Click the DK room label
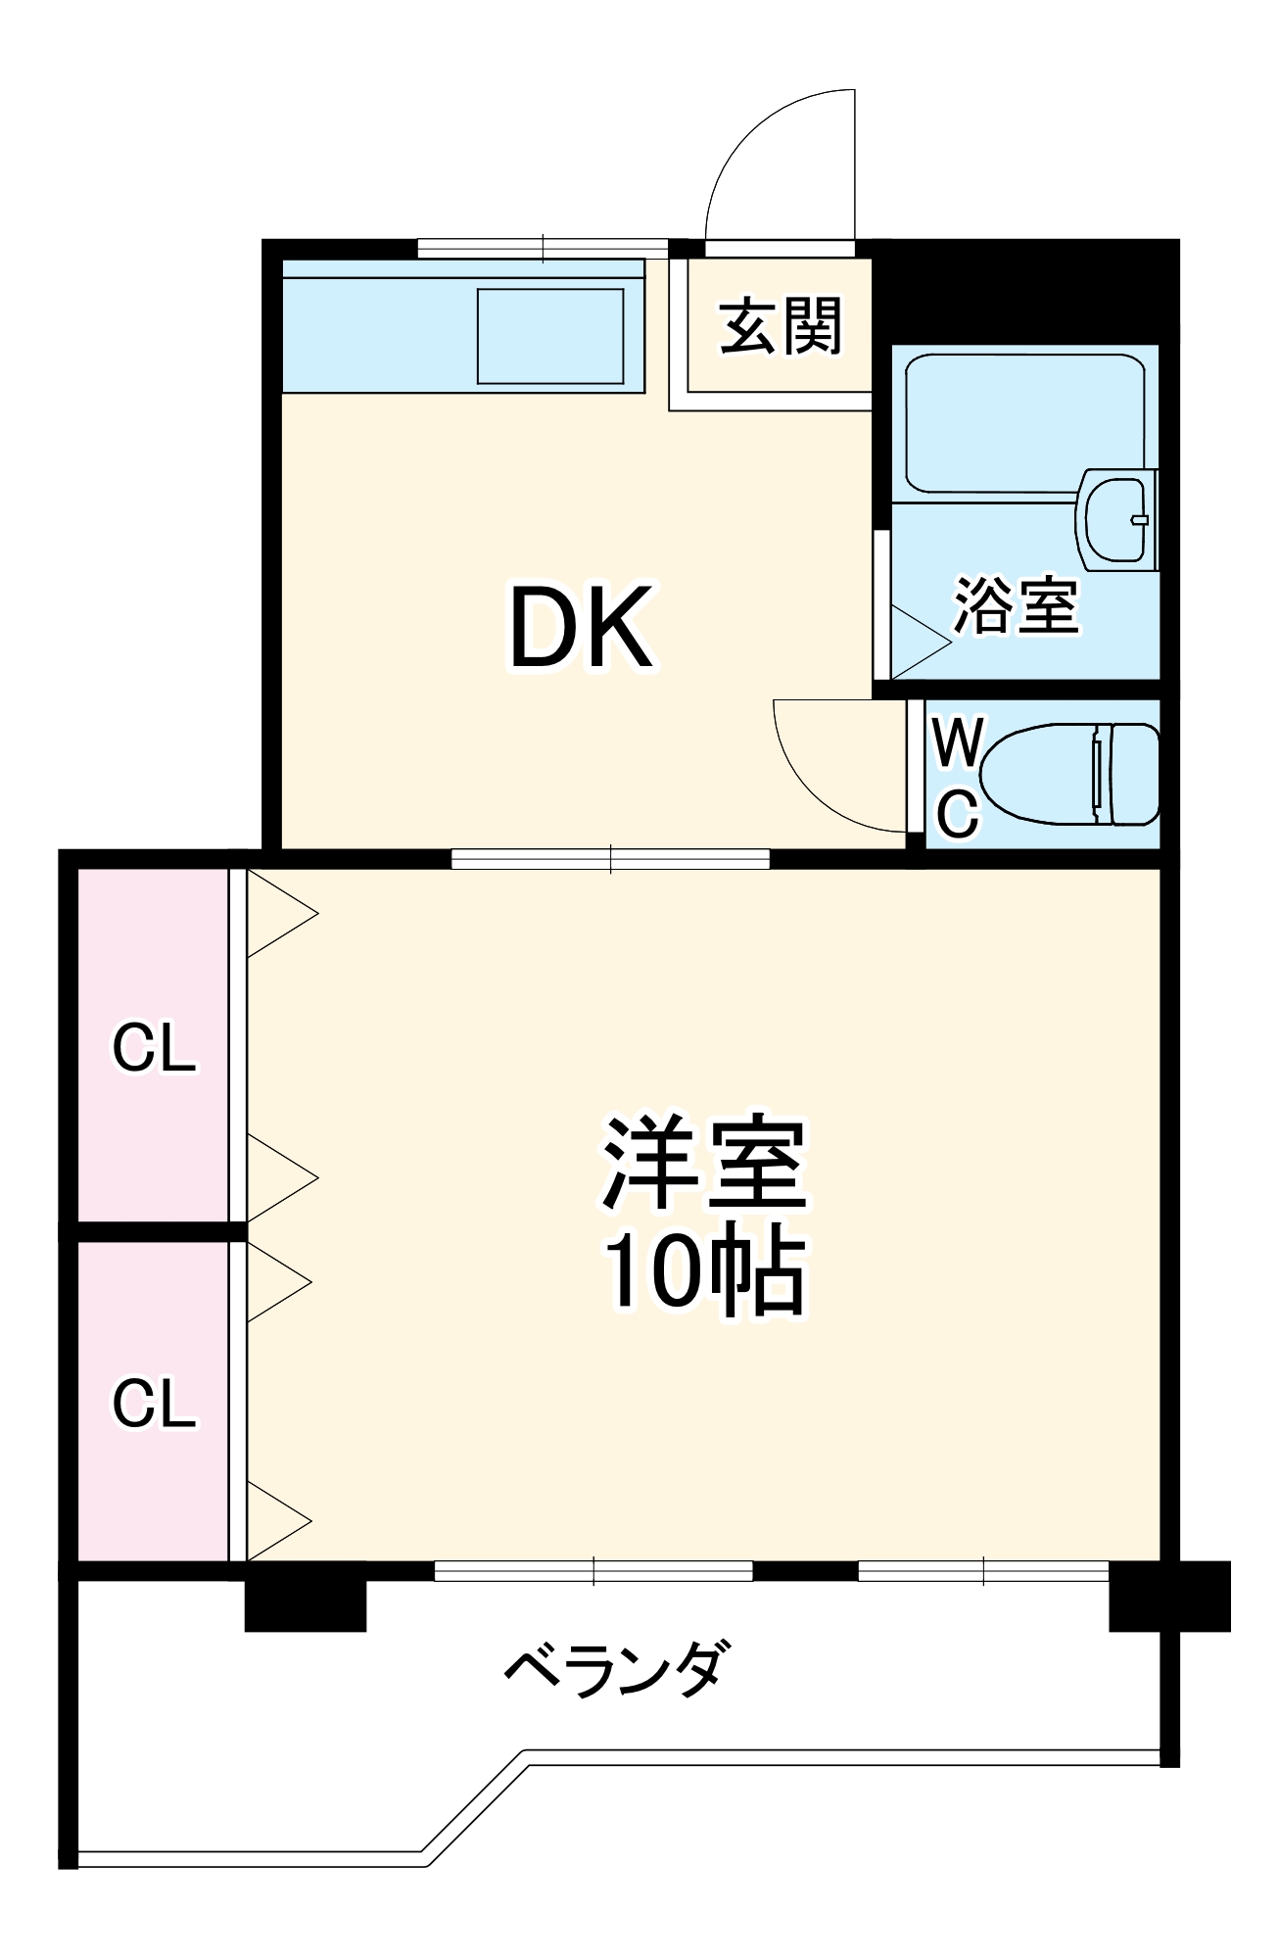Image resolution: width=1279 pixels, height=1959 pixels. (580, 627)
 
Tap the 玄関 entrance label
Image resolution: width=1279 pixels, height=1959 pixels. (781, 326)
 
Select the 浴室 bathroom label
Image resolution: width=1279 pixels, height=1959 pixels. (1017, 605)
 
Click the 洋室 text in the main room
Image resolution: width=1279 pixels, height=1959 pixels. (704, 1164)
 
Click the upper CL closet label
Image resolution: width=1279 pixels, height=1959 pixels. (154, 1048)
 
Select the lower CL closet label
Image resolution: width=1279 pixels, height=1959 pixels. (154, 1403)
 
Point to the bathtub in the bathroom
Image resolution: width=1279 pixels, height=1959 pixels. (1023, 421)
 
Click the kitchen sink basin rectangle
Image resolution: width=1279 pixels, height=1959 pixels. (550, 336)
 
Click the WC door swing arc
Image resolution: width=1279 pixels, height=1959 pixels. (823, 774)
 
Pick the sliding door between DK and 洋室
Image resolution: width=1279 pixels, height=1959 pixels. (610, 859)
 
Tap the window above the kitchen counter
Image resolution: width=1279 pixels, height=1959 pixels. (544, 249)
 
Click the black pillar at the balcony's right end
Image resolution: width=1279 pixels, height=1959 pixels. (1169, 1596)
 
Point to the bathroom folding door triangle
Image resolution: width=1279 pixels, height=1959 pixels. (916, 642)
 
